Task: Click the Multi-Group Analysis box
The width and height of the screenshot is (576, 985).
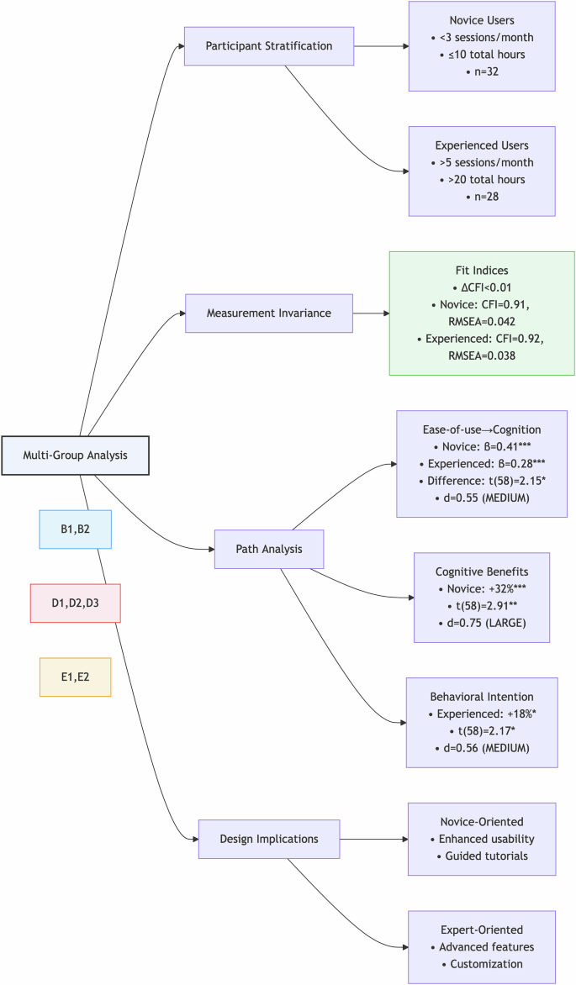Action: pyautogui.click(x=75, y=456)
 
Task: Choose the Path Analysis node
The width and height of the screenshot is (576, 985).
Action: pyautogui.click(x=268, y=550)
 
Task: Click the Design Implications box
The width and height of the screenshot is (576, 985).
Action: pyautogui.click(x=269, y=839)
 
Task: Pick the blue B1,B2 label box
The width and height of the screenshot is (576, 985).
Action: pyautogui.click(x=75, y=529)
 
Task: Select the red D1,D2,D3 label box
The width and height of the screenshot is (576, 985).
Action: pyautogui.click(x=75, y=603)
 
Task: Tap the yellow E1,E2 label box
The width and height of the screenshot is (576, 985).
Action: pyautogui.click(x=75, y=677)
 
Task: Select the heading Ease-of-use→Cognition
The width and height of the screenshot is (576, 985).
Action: pyautogui.click(x=482, y=429)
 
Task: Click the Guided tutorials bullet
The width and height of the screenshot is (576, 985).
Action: pyautogui.click(x=482, y=856)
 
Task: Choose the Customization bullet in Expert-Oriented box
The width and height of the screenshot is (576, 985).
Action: pyautogui.click(x=482, y=965)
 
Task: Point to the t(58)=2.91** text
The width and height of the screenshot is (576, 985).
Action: pyautogui.click(x=482, y=605)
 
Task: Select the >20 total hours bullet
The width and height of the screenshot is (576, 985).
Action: pyautogui.click(x=482, y=180)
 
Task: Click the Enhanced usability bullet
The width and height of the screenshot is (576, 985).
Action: pyautogui.click(x=482, y=839)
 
